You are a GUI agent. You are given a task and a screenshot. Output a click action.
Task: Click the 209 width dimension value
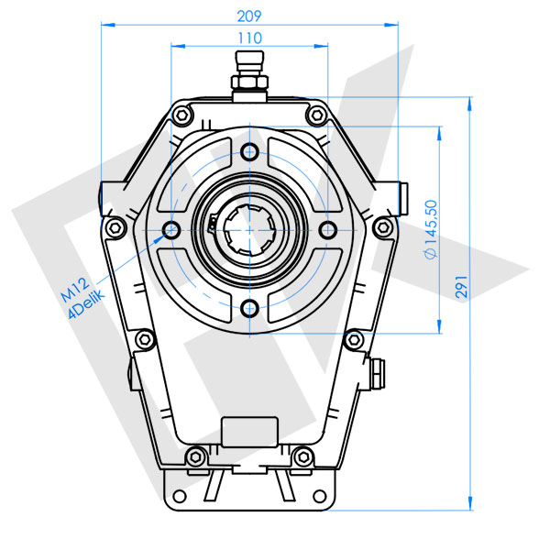(248, 16)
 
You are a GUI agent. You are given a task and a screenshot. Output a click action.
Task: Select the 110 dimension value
(248, 38)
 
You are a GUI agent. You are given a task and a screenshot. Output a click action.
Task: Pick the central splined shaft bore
(248, 228)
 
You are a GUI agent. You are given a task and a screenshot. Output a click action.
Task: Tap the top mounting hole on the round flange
(248, 153)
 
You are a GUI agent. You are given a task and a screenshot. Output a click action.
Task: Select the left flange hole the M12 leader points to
(171, 228)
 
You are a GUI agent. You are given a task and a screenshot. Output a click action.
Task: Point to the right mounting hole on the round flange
(325, 228)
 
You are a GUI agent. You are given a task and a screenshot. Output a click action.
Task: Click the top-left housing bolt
(182, 115)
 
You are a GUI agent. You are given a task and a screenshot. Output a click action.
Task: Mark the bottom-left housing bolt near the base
(193, 456)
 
